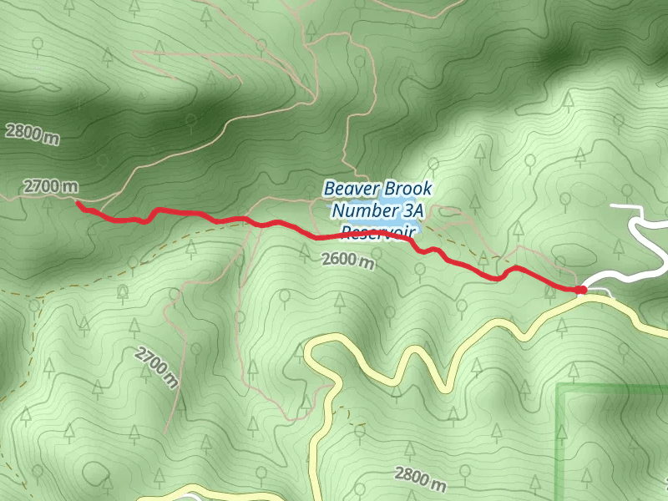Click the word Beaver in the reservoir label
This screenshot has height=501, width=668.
click(351, 189)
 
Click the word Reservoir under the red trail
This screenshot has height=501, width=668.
click(378, 230)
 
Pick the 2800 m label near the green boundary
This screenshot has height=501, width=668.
click(419, 478)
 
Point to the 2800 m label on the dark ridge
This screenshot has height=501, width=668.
click(31, 133)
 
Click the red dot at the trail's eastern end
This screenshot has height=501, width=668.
click(580, 290)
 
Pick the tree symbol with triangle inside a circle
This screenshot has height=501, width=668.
click(123, 291)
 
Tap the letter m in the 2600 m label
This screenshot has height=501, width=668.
click(367, 263)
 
